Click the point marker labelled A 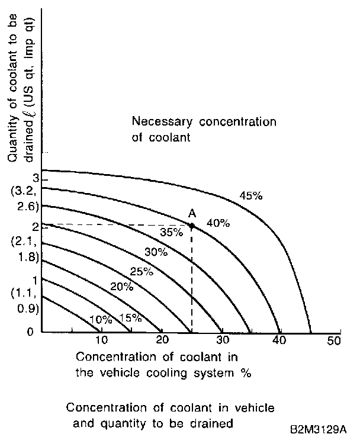click(x=191, y=225)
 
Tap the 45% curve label click(x=250, y=195)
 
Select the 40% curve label click(x=218, y=223)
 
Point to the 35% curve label click(x=172, y=232)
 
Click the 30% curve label click(x=156, y=252)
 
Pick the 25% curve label click(x=142, y=272)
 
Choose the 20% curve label click(x=121, y=287)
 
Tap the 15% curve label click(x=131, y=318)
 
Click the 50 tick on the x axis click(x=335, y=340)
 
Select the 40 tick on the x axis click(x=279, y=340)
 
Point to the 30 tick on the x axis click(x=221, y=340)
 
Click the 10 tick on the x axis click(x=101, y=340)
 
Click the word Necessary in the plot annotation click(x=159, y=123)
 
